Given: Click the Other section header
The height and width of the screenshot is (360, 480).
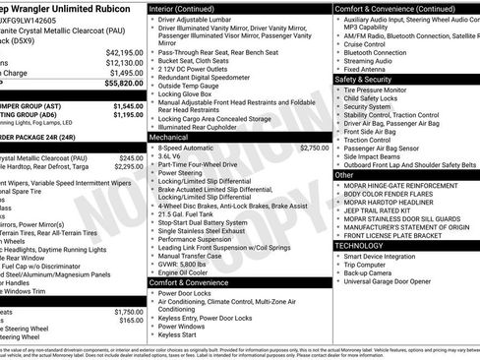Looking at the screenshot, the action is coord(345,174).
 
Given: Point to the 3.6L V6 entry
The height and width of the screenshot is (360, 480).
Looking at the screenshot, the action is coord(172,155).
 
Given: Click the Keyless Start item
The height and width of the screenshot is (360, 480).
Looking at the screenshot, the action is coord(178,334).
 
